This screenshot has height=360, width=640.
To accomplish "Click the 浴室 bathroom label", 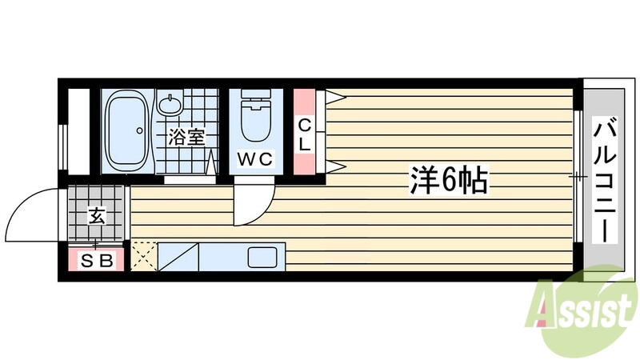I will click(186, 137).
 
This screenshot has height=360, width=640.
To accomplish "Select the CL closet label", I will click(305, 134).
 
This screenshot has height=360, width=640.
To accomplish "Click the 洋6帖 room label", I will click(449, 181).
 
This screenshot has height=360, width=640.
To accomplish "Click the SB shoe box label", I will click(95, 260).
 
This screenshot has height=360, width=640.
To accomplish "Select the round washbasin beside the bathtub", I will click(170, 105).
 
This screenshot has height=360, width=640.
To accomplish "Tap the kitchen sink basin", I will click(261, 258).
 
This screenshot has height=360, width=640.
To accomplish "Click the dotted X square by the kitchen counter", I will click(144, 257).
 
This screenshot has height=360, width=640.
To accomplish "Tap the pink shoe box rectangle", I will click(95, 260).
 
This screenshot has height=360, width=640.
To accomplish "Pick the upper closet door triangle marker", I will click(334, 98).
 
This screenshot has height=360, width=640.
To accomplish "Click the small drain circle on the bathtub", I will click(141, 130).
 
